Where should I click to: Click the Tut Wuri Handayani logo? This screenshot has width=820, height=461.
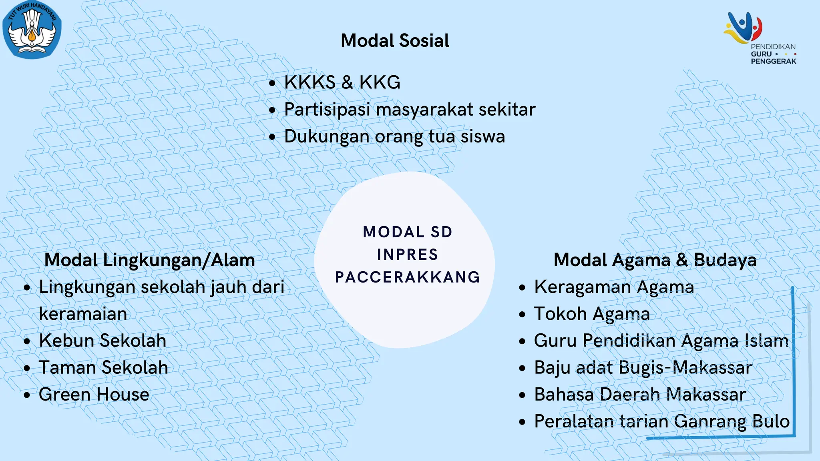coord(32,30)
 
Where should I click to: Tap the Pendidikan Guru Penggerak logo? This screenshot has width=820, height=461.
coord(761,38)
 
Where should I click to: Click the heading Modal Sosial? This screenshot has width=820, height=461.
coord(395,41)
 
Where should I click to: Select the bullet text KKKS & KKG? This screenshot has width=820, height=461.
coord(342,82)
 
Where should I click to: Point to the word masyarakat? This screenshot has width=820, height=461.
coord(425,110)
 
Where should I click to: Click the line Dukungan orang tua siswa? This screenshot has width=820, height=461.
coord(394,136)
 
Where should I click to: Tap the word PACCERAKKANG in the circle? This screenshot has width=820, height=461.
coord(407,277)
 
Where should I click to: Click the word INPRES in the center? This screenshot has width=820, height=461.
coord(407,255)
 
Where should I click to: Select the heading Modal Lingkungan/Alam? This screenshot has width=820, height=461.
coord(149,260)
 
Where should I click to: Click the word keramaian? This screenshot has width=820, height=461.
coord(83,314)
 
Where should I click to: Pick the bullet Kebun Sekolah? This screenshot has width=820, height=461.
coord(102,341)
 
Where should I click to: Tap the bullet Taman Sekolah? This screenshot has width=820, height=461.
coord(103,367)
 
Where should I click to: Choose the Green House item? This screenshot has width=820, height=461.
coord(94,395)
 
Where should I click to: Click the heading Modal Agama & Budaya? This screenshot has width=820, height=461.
coord(655,260)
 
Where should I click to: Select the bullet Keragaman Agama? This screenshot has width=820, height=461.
coord(614,287)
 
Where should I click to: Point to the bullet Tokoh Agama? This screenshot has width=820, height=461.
coord(592,314)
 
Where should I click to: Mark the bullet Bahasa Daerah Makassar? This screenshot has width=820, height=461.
coord(640,395)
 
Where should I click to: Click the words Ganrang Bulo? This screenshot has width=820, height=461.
coord(732,421)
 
